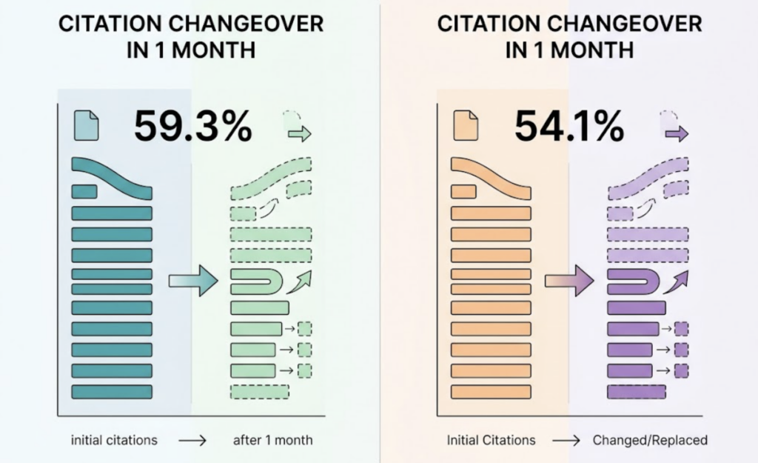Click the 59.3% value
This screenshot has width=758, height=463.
tap(192, 127)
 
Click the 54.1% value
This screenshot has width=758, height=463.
tap(568, 127)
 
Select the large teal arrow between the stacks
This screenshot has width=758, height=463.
tap(192, 281)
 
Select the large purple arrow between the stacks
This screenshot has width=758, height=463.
tap(569, 281)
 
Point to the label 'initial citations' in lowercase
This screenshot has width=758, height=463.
tap(114, 440)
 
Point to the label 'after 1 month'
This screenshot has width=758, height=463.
tap(272, 440)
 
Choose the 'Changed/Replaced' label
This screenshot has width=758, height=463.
tap(650, 440)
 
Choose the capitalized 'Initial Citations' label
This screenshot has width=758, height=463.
tap(491, 440)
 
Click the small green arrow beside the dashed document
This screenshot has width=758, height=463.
tap(300, 134)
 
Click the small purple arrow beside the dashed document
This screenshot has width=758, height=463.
tap(677, 134)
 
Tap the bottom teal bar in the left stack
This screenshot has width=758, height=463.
tap(112, 390)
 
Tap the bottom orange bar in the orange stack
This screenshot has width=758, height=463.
tap(491, 390)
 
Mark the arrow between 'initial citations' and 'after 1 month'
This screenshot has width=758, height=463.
tap(192, 441)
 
